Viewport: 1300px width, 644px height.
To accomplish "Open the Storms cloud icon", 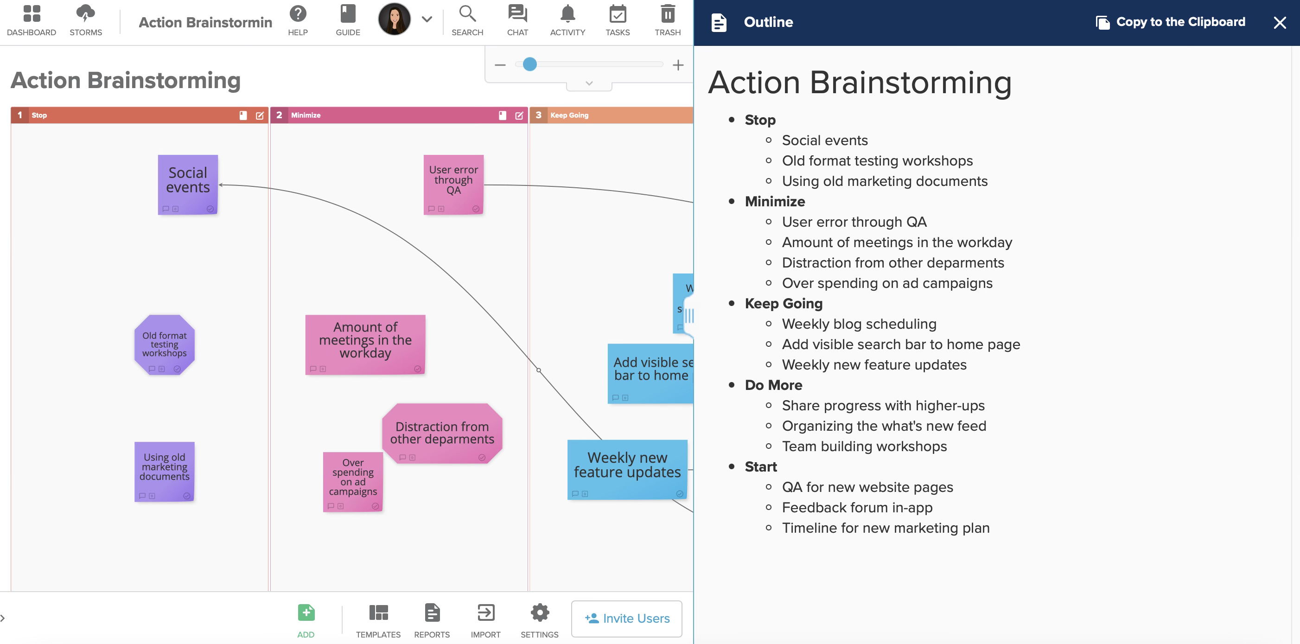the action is tap(85, 13).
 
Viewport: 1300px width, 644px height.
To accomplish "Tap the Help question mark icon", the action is tap(298, 13).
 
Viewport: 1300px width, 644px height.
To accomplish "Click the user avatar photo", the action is tap(394, 19).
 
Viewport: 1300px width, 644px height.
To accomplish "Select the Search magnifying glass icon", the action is tap(467, 13).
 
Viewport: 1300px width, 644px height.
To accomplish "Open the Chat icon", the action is tap(517, 13).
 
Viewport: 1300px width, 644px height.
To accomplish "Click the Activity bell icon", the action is tap(568, 13).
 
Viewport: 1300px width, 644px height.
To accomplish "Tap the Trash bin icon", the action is tap(668, 13).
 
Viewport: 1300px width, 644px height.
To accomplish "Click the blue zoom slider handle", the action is tap(529, 64).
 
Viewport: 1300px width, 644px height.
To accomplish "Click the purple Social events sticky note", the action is tap(188, 185).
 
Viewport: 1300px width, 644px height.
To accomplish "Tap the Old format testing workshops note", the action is tap(165, 344).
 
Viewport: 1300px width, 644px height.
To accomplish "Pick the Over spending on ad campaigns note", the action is tap(353, 482).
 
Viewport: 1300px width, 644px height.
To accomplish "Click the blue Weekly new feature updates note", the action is tap(627, 470).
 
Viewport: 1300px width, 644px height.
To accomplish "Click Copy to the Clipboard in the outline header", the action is tap(1170, 22).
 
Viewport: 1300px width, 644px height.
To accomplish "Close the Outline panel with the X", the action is tap(1279, 23).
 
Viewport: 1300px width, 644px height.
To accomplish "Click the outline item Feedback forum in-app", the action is tap(857, 507).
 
